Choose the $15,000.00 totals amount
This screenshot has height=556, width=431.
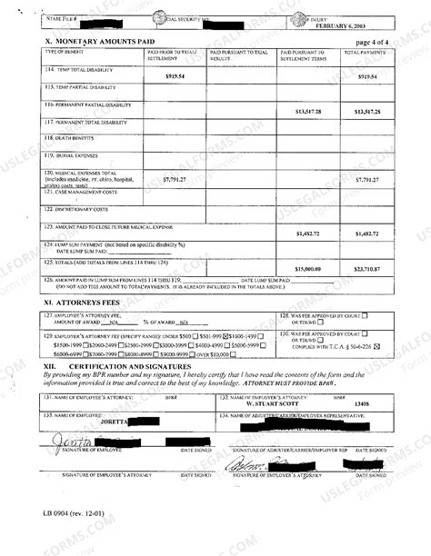pos(307,269)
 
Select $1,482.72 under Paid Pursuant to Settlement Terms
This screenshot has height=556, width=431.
pos(307,233)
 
